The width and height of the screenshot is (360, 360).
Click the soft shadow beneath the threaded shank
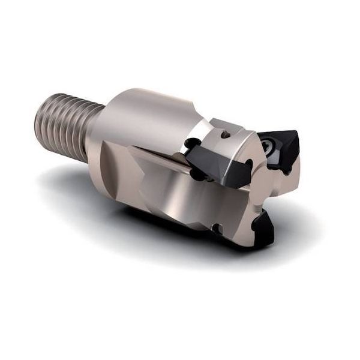pyautogui.click(x=66, y=177)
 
